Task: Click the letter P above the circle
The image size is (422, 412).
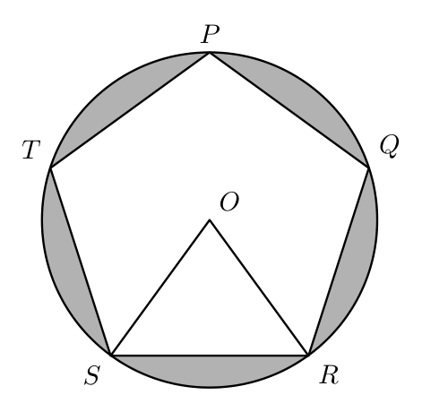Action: pyautogui.click(x=211, y=34)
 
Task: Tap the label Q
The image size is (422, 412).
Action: pyautogui.click(x=389, y=146)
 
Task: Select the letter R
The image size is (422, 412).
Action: pyautogui.click(x=329, y=374)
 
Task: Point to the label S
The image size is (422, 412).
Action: pyautogui.click(x=91, y=375)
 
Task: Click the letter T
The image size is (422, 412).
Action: pyautogui.click(x=31, y=150)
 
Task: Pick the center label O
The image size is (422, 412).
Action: pyautogui.click(x=229, y=202)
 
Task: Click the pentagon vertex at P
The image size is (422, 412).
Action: pyautogui.click(x=210, y=53)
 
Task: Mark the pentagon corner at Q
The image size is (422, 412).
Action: pyautogui.click(x=369, y=168)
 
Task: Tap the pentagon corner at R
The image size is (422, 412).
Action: pyautogui.click(x=308, y=356)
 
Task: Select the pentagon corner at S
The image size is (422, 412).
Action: pyautogui.click(x=111, y=356)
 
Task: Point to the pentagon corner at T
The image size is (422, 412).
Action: pyautogui.click(x=50, y=168)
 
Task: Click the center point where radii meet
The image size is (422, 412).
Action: pyautogui.click(x=210, y=220)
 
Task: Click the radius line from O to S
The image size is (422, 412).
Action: pyautogui.click(x=160, y=288)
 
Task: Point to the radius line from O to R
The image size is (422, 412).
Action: pyautogui.click(x=259, y=288)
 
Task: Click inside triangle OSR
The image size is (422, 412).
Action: pyautogui.click(x=210, y=311)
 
